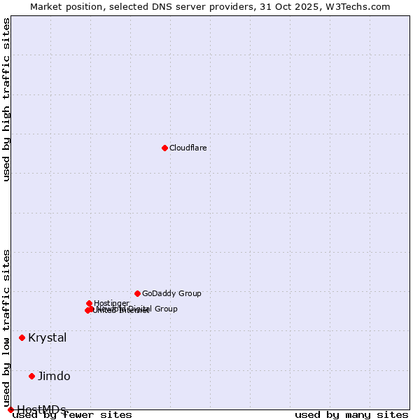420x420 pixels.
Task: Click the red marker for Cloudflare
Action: (x=164, y=148)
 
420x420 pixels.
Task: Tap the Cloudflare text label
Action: (x=188, y=148)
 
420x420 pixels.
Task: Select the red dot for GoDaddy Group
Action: (x=137, y=293)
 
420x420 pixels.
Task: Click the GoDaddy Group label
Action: (x=171, y=293)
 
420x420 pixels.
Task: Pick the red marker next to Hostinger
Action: (x=89, y=303)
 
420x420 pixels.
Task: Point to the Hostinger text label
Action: (x=111, y=303)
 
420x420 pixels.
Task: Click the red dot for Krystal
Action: (x=22, y=337)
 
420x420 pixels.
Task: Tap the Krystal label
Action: (x=48, y=337)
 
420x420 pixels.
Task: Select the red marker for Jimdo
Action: (x=31, y=376)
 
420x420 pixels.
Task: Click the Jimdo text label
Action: (x=54, y=376)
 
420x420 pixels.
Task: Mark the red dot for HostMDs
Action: (x=10, y=409)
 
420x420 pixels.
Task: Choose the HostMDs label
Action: (x=41, y=409)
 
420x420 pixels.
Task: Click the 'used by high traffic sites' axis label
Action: (x=7, y=100)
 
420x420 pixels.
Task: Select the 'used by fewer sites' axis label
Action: (x=72, y=415)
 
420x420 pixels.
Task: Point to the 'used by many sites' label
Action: (x=351, y=415)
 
